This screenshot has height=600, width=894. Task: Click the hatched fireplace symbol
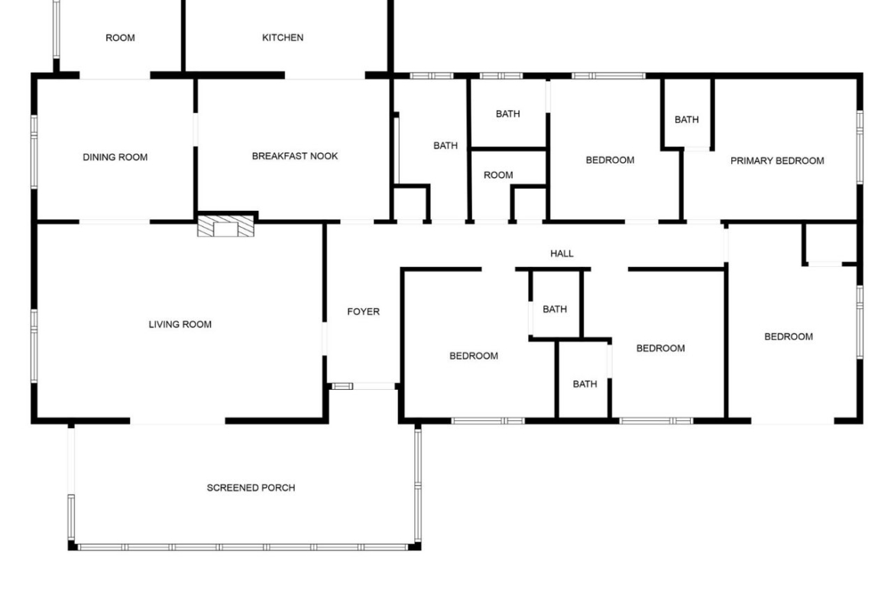225,225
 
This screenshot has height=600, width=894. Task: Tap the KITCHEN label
283,37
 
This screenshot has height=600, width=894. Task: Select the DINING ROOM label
115,157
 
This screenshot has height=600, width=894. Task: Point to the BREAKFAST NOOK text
295,156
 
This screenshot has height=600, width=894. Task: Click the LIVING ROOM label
180,325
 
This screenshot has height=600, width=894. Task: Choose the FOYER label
363,312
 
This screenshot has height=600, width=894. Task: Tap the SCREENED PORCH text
251,488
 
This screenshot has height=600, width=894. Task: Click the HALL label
562,254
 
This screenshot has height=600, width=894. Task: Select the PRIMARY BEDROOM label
777,161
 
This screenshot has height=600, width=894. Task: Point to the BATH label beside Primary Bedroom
686,120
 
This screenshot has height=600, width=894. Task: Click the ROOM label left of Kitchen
120,38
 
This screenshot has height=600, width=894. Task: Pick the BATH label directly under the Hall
555,310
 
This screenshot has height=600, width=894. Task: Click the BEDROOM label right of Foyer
474,356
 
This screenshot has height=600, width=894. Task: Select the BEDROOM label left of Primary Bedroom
610,161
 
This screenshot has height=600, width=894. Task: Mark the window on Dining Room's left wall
34,151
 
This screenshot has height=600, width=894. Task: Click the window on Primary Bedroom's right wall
860,148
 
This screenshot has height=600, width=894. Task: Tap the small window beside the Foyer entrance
342,387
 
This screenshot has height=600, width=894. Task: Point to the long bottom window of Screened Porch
243,547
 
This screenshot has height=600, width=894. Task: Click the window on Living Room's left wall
34,345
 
